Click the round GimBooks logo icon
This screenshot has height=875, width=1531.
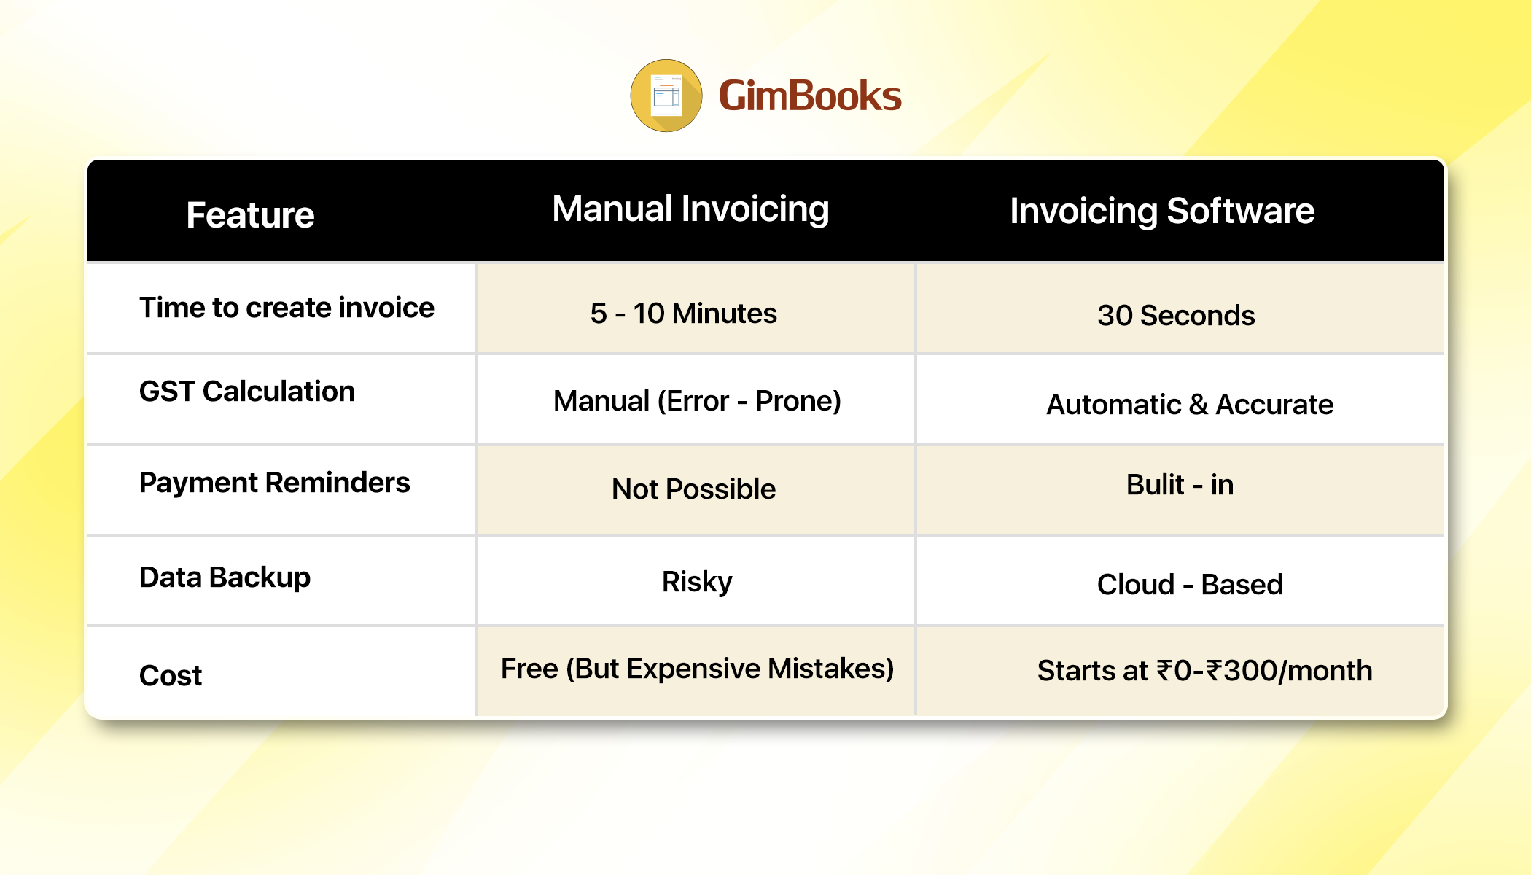coord(666,96)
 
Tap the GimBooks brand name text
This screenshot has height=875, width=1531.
coord(810,96)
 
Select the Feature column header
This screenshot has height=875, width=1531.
coord(250,215)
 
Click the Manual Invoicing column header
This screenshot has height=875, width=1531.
coord(690,210)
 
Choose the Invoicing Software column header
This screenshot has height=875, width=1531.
coord(1162,211)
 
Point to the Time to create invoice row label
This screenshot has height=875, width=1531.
coord(287,308)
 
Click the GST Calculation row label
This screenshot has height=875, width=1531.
coord(247,392)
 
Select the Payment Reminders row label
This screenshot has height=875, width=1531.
coord(275,483)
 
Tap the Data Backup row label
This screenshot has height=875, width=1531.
coord(225,577)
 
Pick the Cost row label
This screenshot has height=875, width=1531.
coord(171,675)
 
